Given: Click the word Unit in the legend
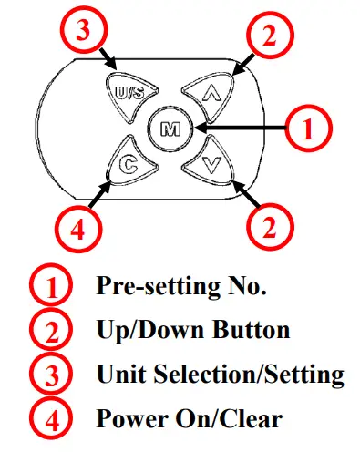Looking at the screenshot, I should (x=118, y=375).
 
